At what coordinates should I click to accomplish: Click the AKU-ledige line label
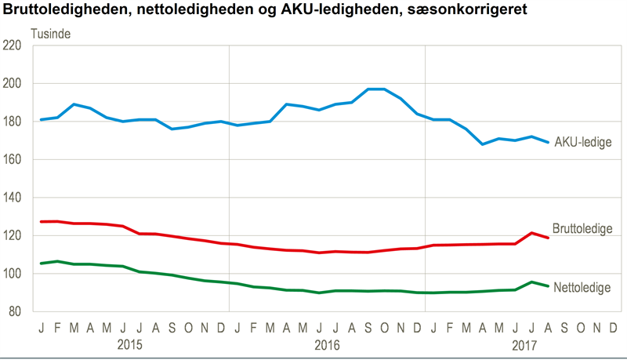(x=583, y=142)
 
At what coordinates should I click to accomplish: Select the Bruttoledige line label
(x=582, y=228)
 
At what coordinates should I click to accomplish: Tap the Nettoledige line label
(x=582, y=287)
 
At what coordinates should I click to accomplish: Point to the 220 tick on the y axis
(x=12, y=45)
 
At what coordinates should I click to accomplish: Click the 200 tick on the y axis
(x=12, y=83)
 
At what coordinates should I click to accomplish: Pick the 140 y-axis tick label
(x=12, y=197)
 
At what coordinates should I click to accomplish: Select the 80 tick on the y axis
(x=15, y=311)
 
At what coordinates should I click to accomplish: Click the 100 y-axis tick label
(x=12, y=273)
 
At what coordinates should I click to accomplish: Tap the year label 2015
(x=129, y=344)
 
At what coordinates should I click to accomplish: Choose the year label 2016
(x=327, y=344)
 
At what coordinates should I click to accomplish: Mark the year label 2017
(x=524, y=344)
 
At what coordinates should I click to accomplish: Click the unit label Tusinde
(x=51, y=34)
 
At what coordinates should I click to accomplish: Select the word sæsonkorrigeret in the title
(x=467, y=9)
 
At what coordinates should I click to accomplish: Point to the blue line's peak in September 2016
(x=368, y=89)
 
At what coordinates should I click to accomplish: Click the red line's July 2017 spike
(x=532, y=233)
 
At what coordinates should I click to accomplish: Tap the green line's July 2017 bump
(x=532, y=282)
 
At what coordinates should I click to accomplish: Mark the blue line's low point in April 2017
(x=483, y=144)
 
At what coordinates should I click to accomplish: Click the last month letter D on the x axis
(x=613, y=328)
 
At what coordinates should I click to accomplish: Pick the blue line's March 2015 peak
(x=74, y=104)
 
